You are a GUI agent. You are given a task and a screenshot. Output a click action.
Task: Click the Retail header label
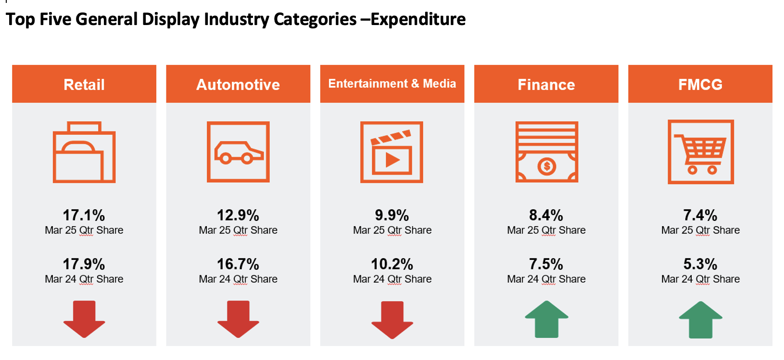84,85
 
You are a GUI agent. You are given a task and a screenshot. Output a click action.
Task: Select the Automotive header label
238,85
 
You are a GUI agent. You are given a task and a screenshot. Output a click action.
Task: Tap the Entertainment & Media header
392,84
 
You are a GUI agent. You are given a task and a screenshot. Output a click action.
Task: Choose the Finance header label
546,85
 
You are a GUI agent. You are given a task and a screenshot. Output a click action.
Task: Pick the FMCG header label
700,85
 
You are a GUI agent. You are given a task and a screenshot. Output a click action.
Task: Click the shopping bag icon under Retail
84,153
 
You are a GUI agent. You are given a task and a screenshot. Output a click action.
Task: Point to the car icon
239,152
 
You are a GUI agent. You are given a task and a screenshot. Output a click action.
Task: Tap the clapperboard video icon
392,152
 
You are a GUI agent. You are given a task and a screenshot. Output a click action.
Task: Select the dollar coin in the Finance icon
547,167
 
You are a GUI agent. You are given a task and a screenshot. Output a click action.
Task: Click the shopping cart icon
701,152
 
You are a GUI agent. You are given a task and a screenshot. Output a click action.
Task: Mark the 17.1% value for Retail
84,215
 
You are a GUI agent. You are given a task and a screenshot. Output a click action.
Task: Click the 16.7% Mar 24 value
238,264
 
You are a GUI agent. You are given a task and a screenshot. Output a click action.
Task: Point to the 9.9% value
392,215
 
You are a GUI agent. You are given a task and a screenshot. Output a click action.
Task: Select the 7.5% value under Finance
546,264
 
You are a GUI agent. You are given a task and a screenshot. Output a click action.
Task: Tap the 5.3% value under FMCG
700,264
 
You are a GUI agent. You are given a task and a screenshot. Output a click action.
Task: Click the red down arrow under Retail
84,319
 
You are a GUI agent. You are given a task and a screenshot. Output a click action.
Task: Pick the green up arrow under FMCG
700,320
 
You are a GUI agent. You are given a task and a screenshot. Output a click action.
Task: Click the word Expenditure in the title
418,20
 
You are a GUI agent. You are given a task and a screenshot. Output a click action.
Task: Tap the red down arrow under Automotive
238,319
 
